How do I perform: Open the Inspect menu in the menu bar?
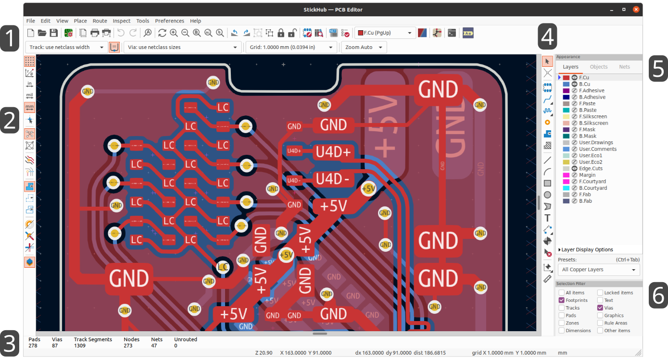(x=121, y=21)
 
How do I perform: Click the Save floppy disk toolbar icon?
(x=54, y=33)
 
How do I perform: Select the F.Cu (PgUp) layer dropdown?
(x=385, y=33)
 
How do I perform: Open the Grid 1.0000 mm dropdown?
(x=291, y=47)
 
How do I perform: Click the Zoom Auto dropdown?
(x=363, y=47)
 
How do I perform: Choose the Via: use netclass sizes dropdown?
(x=183, y=47)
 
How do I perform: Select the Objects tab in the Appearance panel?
(x=599, y=67)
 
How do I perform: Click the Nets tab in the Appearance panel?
(x=624, y=67)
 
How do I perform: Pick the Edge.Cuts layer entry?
(x=591, y=169)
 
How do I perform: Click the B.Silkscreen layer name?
(x=593, y=123)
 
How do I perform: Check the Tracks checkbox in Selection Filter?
(x=562, y=308)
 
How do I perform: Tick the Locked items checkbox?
(x=600, y=293)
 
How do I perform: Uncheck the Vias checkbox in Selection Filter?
(x=600, y=308)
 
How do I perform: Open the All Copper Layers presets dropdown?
(x=599, y=270)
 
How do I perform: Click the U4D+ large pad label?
(x=333, y=152)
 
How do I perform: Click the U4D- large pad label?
(x=333, y=179)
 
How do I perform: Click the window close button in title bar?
(x=636, y=9)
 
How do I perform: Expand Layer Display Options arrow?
(x=560, y=250)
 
